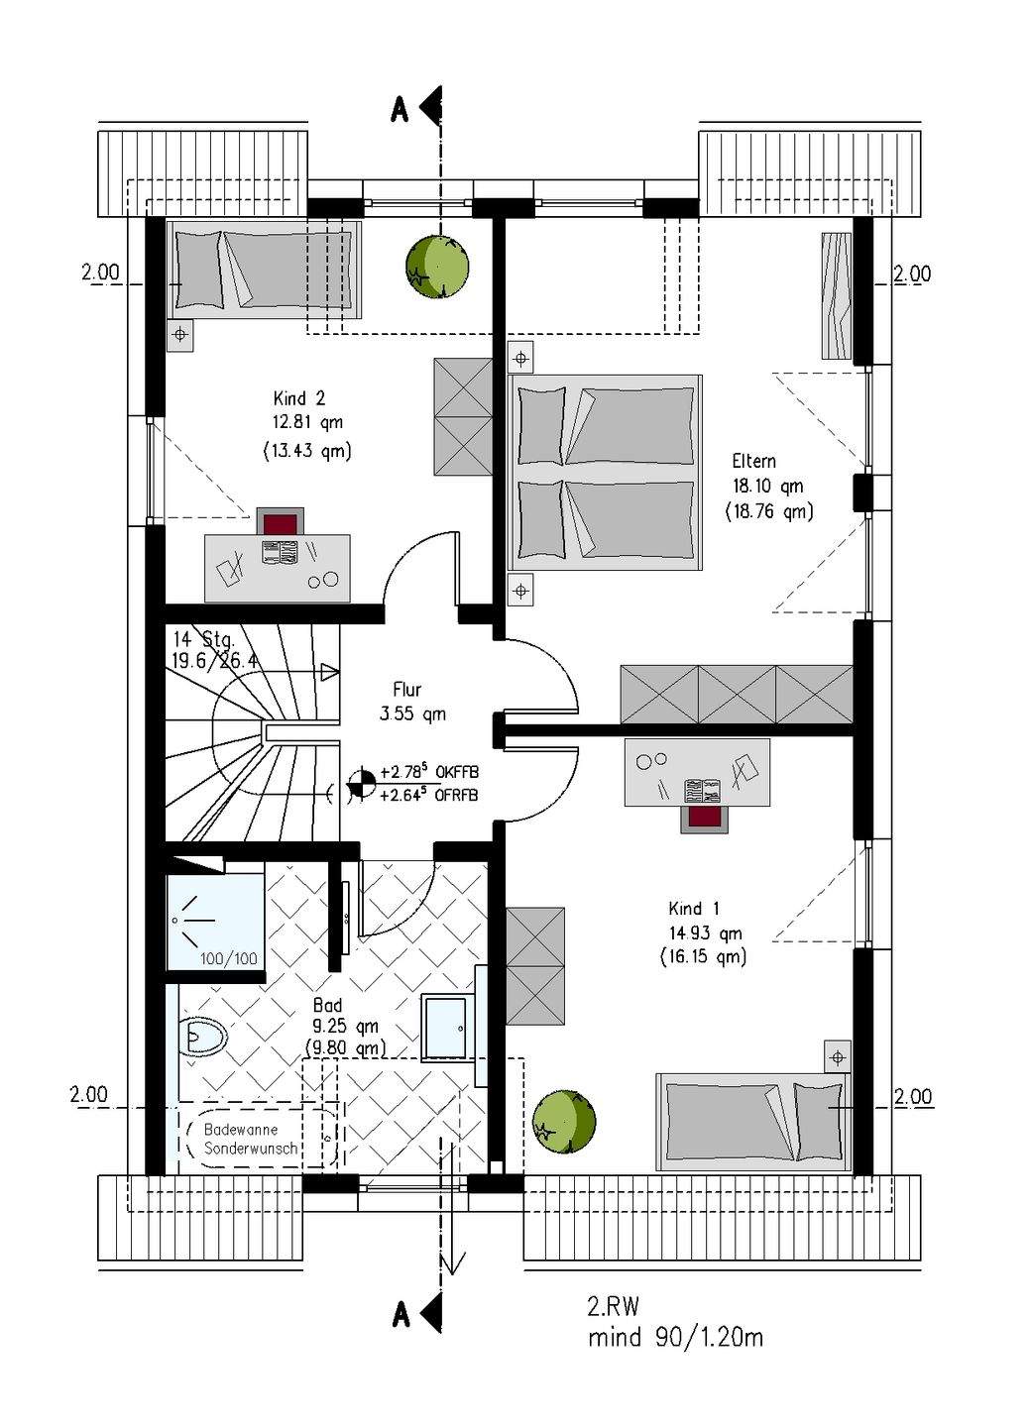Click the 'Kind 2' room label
(x=298, y=398)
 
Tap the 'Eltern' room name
(x=753, y=461)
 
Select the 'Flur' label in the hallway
(x=407, y=690)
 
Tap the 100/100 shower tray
(x=215, y=922)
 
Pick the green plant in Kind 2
(x=437, y=266)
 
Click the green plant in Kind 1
(x=564, y=1122)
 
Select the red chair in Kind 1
(x=705, y=818)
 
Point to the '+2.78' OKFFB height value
(x=402, y=772)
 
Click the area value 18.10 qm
(x=768, y=486)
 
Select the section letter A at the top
(x=400, y=111)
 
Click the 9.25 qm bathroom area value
(x=345, y=1027)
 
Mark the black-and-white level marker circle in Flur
(x=361, y=784)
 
